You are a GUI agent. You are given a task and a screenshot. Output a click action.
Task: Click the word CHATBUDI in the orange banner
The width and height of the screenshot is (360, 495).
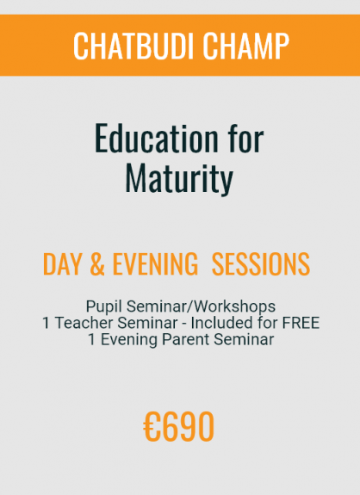pyautogui.click(x=133, y=46)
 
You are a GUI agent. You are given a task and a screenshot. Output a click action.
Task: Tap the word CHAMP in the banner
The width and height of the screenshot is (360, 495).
pyautogui.click(x=245, y=46)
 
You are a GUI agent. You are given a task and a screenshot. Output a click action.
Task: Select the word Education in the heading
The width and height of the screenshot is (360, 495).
pyautogui.click(x=157, y=139)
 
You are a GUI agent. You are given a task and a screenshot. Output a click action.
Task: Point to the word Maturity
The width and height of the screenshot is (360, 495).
pyautogui.click(x=179, y=178)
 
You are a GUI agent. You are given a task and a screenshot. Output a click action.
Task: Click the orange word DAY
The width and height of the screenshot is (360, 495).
pyautogui.click(x=61, y=264)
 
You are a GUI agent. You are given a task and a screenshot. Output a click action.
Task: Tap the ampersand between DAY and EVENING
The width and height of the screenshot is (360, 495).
pyautogui.click(x=97, y=264)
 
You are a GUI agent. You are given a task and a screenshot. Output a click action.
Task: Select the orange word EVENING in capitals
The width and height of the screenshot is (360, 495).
pyautogui.click(x=155, y=264)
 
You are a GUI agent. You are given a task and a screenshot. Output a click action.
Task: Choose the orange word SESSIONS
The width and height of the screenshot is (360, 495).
pyautogui.click(x=260, y=264)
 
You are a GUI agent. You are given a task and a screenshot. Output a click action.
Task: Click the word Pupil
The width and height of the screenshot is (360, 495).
pyautogui.click(x=104, y=306)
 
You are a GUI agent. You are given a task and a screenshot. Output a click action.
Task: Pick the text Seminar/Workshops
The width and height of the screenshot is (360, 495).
pyautogui.click(x=201, y=306)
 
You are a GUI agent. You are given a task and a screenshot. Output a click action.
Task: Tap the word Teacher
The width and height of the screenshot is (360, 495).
pyautogui.click(x=84, y=323)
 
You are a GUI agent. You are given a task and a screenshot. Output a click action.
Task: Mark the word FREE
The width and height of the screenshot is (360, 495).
pyautogui.click(x=301, y=323)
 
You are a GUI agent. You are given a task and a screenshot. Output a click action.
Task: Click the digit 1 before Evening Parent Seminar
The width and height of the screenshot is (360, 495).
pyautogui.click(x=92, y=340)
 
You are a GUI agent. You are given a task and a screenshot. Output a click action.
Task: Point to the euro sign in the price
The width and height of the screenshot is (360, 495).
pyautogui.click(x=152, y=427)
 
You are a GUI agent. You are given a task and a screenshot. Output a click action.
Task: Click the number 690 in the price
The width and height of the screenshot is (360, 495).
pyautogui.click(x=189, y=427)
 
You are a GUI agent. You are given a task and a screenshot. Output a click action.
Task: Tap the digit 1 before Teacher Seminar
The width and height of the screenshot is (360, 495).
pyautogui.click(x=47, y=323)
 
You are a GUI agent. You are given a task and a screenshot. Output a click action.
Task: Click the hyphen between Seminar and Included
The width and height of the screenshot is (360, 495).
pyautogui.click(x=184, y=325)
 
